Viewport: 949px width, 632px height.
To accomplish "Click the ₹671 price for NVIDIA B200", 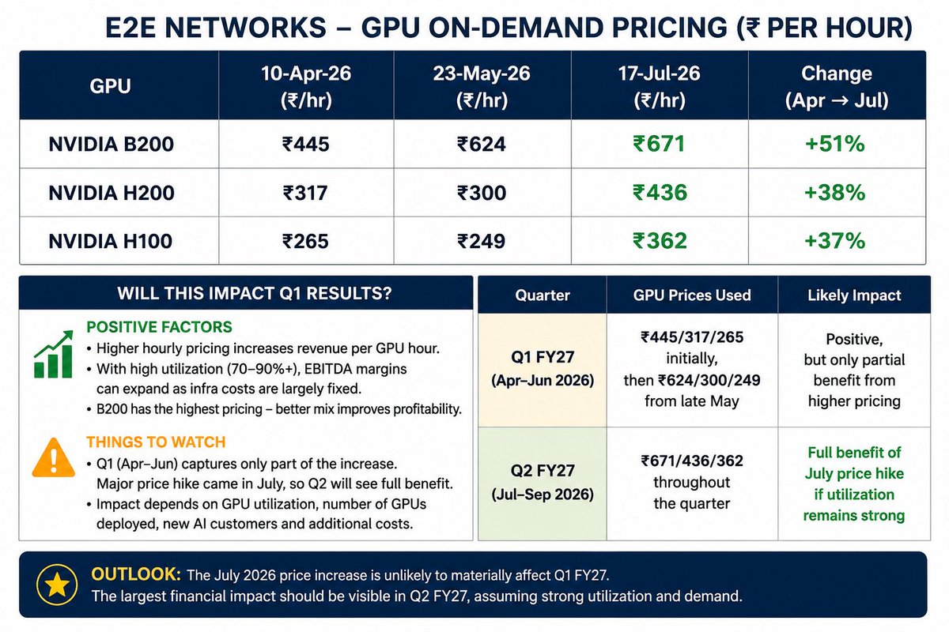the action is point(660,144).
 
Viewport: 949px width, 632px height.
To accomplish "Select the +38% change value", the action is point(834,193).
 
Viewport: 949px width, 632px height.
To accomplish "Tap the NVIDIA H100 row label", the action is point(111,241).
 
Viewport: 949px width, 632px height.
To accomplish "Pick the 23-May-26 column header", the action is point(482,86).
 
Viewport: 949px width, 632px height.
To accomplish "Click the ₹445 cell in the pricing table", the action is point(306,144).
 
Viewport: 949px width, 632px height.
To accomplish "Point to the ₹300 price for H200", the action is point(482,193).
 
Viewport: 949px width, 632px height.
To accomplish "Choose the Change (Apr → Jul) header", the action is point(837,86).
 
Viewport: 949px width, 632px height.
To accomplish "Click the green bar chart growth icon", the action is point(54,354).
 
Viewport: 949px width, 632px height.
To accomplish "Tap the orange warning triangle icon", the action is point(54,458).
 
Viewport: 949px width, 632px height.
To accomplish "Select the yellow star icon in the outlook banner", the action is point(57,585).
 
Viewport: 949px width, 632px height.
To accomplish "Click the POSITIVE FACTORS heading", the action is point(159,327).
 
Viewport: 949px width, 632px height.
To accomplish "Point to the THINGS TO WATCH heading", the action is point(156,442).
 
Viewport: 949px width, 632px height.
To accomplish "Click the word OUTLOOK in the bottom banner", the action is point(136,574).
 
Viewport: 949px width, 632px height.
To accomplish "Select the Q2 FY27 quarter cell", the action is point(543,483).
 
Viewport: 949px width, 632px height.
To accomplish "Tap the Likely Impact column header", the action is point(854,295).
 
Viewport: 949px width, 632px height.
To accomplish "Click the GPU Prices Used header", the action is point(692,295).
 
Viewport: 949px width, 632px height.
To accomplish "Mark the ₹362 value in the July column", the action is point(660,241).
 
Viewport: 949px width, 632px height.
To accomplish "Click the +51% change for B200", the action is point(834,144).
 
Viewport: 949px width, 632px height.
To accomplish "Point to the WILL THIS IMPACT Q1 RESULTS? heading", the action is point(254,293).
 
